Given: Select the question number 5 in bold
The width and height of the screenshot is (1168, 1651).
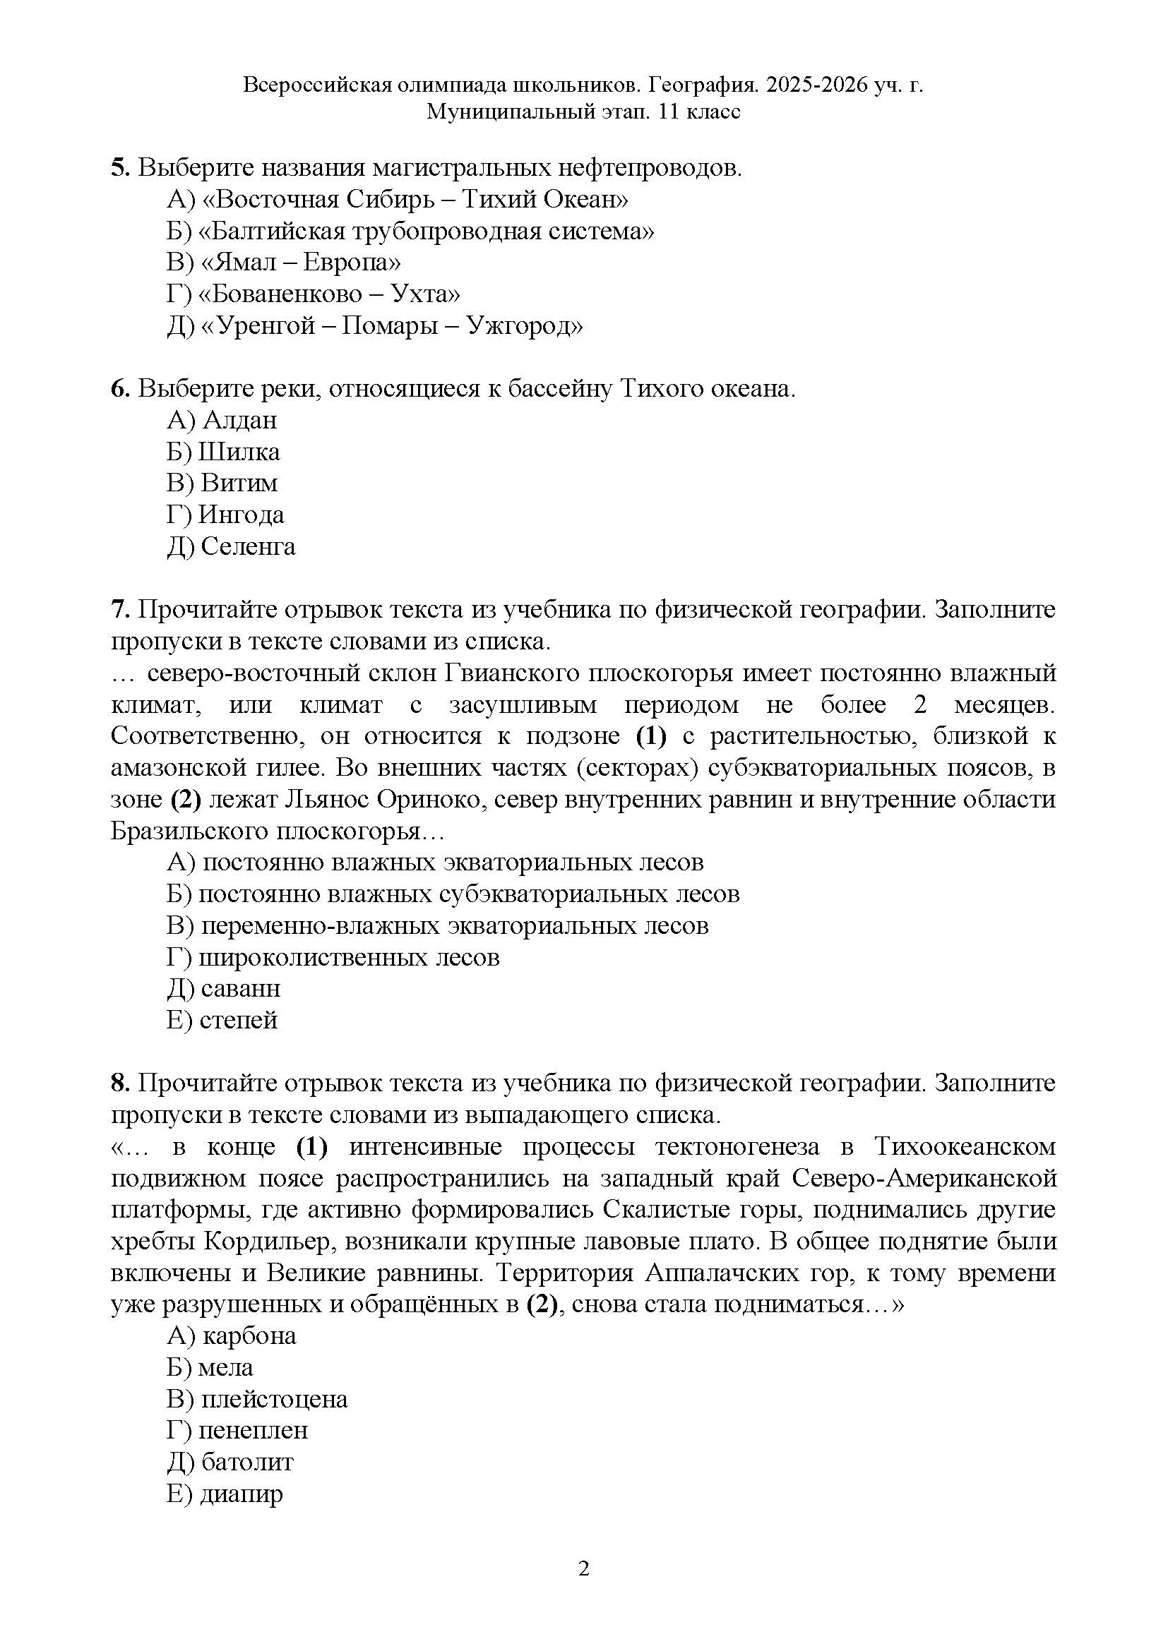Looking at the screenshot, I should (x=119, y=167).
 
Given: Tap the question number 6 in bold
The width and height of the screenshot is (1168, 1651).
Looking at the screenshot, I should (x=119, y=388).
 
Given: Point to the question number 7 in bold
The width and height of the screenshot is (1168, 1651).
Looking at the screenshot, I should (x=119, y=609).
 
